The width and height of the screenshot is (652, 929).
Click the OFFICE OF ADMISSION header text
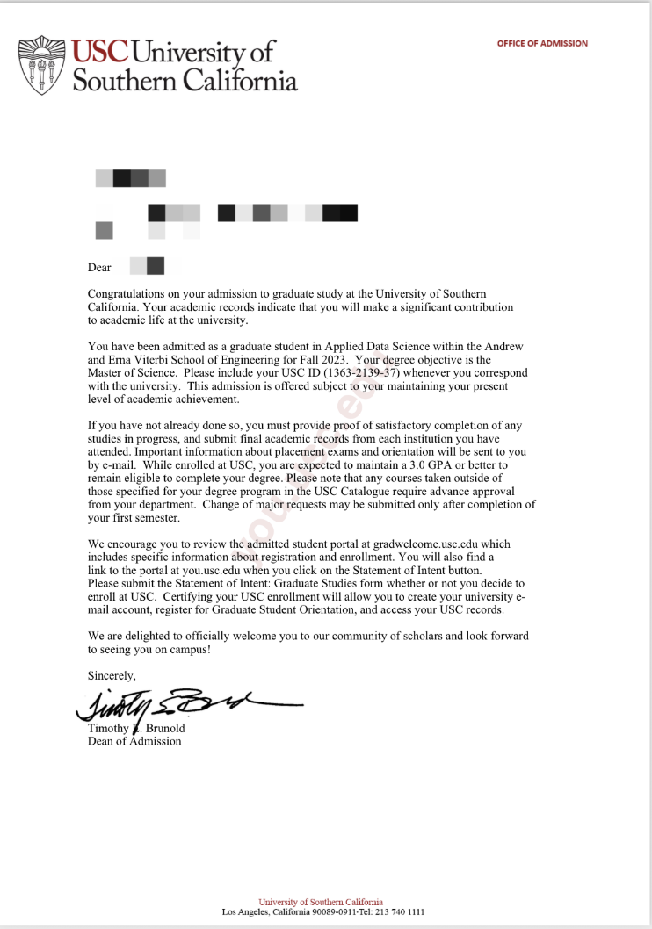point(542,43)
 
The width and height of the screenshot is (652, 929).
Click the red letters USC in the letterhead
point(104,51)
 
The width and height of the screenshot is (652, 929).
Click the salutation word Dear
point(99,267)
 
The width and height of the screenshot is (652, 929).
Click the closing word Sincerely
point(112,675)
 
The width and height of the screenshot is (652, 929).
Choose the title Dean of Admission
point(134,741)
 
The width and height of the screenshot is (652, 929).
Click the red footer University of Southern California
point(321,902)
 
